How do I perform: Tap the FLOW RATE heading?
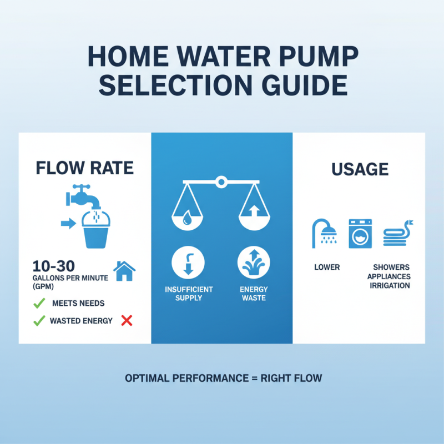[x=84, y=168]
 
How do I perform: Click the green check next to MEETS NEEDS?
[x=39, y=304]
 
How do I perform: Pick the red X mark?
[x=127, y=320]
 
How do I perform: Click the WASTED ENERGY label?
[x=81, y=321]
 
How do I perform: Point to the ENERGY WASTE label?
[x=254, y=294]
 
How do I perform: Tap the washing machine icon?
[x=359, y=233]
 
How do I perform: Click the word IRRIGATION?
[x=391, y=286]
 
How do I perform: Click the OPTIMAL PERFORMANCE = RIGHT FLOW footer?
[x=223, y=379]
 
